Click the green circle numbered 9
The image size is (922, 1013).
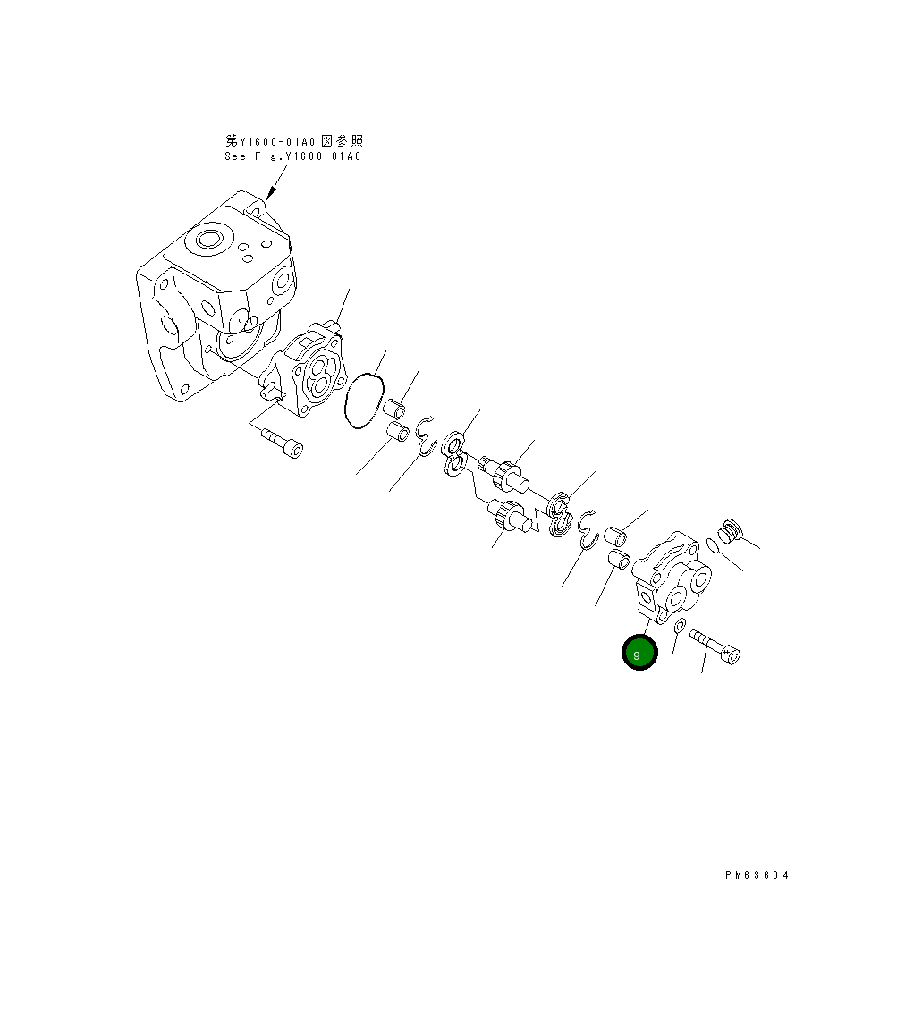639,654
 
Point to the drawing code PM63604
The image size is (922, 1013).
757,875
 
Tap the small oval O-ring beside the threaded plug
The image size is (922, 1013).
712,544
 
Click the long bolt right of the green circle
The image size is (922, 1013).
715,646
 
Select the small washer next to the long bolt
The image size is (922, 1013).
681,624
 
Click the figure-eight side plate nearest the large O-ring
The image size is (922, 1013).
453,453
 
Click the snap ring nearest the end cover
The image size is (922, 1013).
587,528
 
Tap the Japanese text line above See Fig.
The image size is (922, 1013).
293,140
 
